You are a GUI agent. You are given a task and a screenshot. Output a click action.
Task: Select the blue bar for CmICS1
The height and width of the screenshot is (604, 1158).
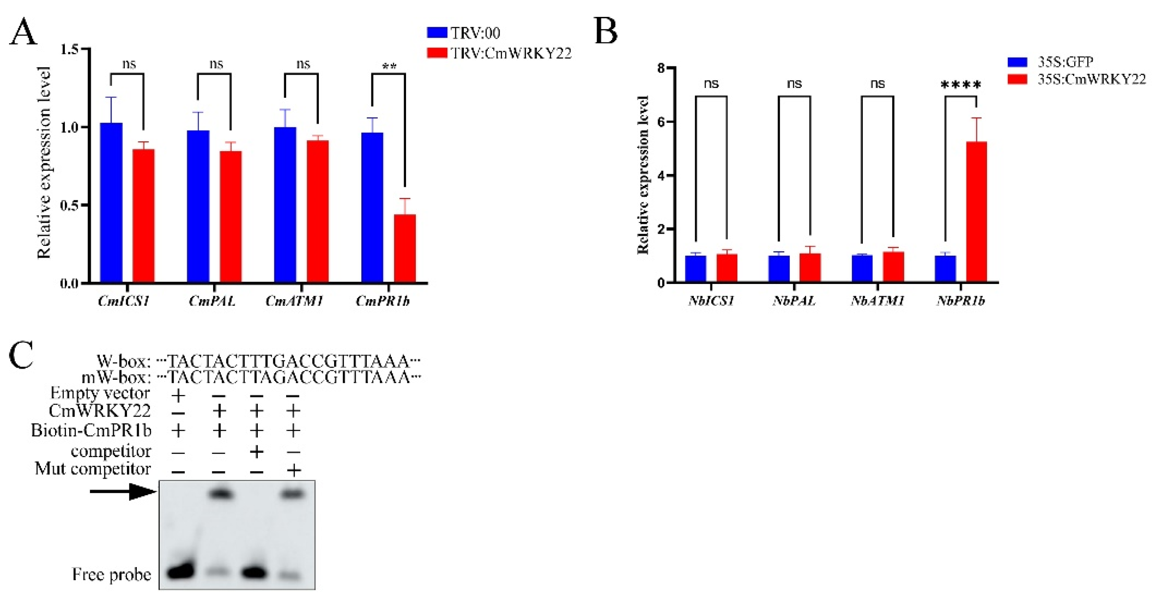coord(111,202)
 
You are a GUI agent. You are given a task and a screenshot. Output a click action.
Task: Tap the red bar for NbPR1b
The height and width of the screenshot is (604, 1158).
coord(976,211)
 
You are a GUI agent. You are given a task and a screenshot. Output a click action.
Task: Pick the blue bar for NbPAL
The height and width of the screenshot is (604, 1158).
coord(779,269)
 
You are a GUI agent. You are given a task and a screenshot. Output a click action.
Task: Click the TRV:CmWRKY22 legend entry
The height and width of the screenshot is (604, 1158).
coord(499,53)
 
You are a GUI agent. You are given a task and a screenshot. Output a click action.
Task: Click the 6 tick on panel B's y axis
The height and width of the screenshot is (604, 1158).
coord(661,122)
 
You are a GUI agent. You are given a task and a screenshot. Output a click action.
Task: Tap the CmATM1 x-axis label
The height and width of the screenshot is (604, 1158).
coord(294,301)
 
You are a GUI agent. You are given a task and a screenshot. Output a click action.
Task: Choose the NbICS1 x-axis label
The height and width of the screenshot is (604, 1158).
coord(711,300)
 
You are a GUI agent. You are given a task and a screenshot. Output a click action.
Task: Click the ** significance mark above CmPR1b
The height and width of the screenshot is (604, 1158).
coord(389,67)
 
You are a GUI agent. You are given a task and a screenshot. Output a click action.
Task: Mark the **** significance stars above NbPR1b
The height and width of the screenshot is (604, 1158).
coord(961,84)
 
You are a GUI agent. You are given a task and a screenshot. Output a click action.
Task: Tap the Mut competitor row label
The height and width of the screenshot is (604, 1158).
coord(93,469)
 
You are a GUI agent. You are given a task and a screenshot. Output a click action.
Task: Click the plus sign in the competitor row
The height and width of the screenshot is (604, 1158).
coord(256,451)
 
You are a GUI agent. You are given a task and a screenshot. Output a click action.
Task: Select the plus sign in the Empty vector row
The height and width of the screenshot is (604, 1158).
coord(178,395)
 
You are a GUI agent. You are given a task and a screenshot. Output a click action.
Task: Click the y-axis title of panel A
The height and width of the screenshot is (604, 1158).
coord(44,163)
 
